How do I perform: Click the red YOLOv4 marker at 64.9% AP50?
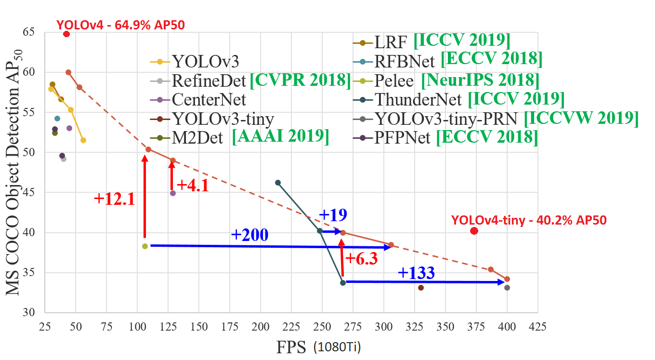pos(66,34)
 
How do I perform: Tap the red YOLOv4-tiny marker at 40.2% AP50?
pos(474,231)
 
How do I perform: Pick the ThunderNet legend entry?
pos(417,100)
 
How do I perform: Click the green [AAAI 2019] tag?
pos(280,138)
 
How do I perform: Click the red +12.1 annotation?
pos(114,200)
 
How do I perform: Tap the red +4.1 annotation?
pos(193,186)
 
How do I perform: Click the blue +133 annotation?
pos(416,273)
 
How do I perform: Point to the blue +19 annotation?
pos(333,215)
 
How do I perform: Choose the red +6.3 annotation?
pos(361,258)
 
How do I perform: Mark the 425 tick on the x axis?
pos(538,326)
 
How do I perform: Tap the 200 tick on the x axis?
pos(261,326)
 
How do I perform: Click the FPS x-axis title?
pos(291,347)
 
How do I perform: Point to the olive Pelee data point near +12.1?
pos(145,246)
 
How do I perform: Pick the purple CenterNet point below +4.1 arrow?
pos(173,193)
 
